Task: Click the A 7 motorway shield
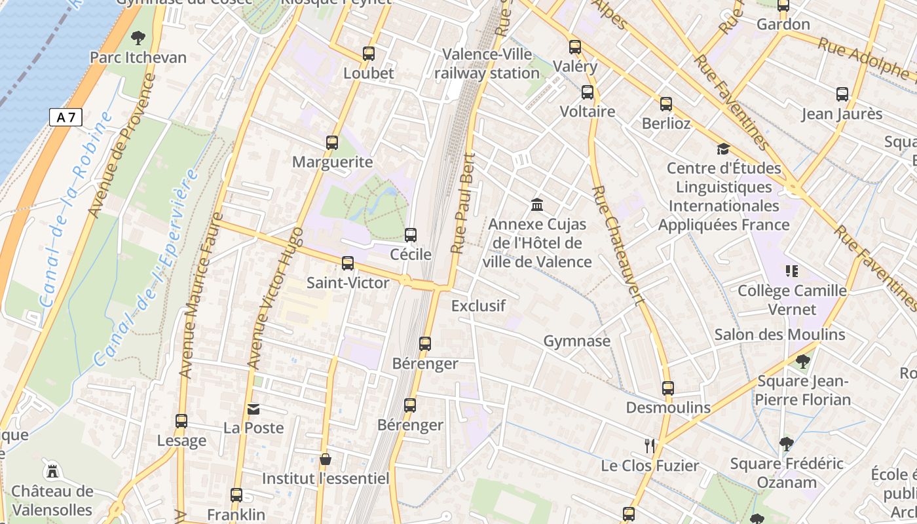[65, 118]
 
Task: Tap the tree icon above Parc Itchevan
[138, 38]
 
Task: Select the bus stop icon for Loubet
[369, 54]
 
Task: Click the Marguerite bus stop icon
[332, 143]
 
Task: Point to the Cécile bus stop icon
[411, 235]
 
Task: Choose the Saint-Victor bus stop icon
[348, 263]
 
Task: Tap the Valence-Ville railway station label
[487, 64]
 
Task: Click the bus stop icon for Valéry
[575, 47]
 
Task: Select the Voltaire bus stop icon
[588, 92]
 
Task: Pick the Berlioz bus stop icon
[666, 104]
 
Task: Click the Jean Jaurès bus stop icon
[842, 94]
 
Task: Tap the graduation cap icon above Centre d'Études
[723, 149]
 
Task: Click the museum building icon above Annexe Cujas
[537, 205]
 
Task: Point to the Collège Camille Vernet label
[792, 299]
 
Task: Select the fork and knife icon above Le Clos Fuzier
[650, 446]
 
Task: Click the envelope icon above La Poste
[253, 409]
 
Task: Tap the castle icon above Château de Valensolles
[52, 471]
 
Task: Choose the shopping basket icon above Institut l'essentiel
[326, 460]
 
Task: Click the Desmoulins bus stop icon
[668, 388]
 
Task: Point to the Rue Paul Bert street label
[462, 203]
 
